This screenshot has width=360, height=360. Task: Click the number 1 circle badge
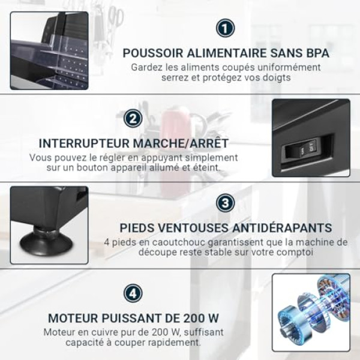pos(225,28)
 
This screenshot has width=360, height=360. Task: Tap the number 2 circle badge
pos(133,118)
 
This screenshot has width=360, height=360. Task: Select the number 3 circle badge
pos(225,203)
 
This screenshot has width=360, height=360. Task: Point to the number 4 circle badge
pos(133,293)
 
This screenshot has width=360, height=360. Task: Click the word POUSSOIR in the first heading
pos(153,53)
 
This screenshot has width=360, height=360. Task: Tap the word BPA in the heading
pos(318,53)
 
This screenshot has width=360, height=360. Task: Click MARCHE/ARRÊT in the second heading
pos(181,143)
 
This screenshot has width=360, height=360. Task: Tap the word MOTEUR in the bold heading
pos(73,318)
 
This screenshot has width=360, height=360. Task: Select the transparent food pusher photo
pos(49,51)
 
